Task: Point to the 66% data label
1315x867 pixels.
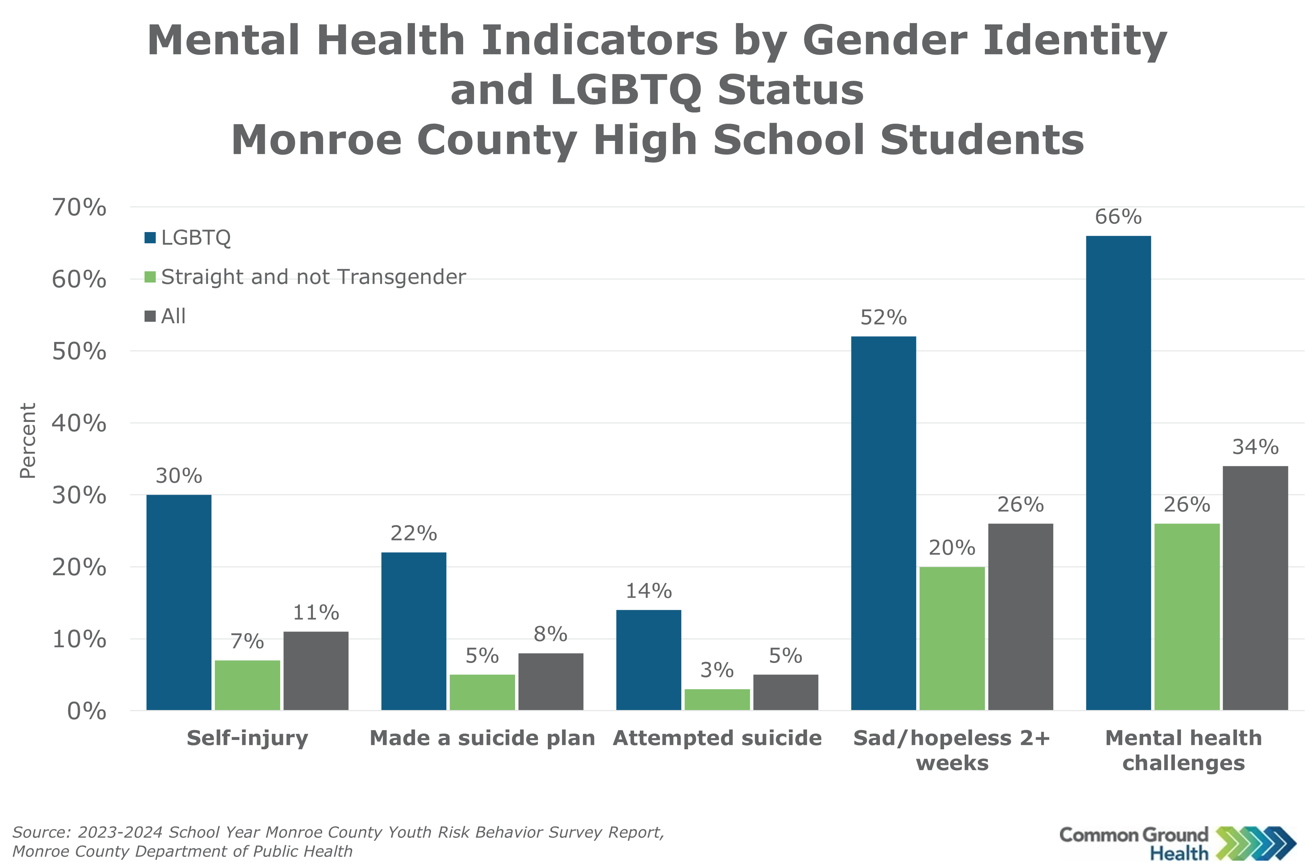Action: click(x=1118, y=217)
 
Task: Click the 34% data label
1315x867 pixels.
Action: click(x=1255, y=447)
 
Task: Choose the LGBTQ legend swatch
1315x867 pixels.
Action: click(x=150, y=238)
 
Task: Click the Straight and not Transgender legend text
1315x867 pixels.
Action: click(x=313, y=277)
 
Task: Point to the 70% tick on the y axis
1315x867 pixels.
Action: click(x=79, y=207)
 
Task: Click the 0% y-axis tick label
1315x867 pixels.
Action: click(x=86, y=711)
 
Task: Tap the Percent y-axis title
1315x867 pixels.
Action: click(x=28, y=440)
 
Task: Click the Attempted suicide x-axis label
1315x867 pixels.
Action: click(x=717, y=738)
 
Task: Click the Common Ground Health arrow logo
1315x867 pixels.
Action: click(x=1255, y=843)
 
